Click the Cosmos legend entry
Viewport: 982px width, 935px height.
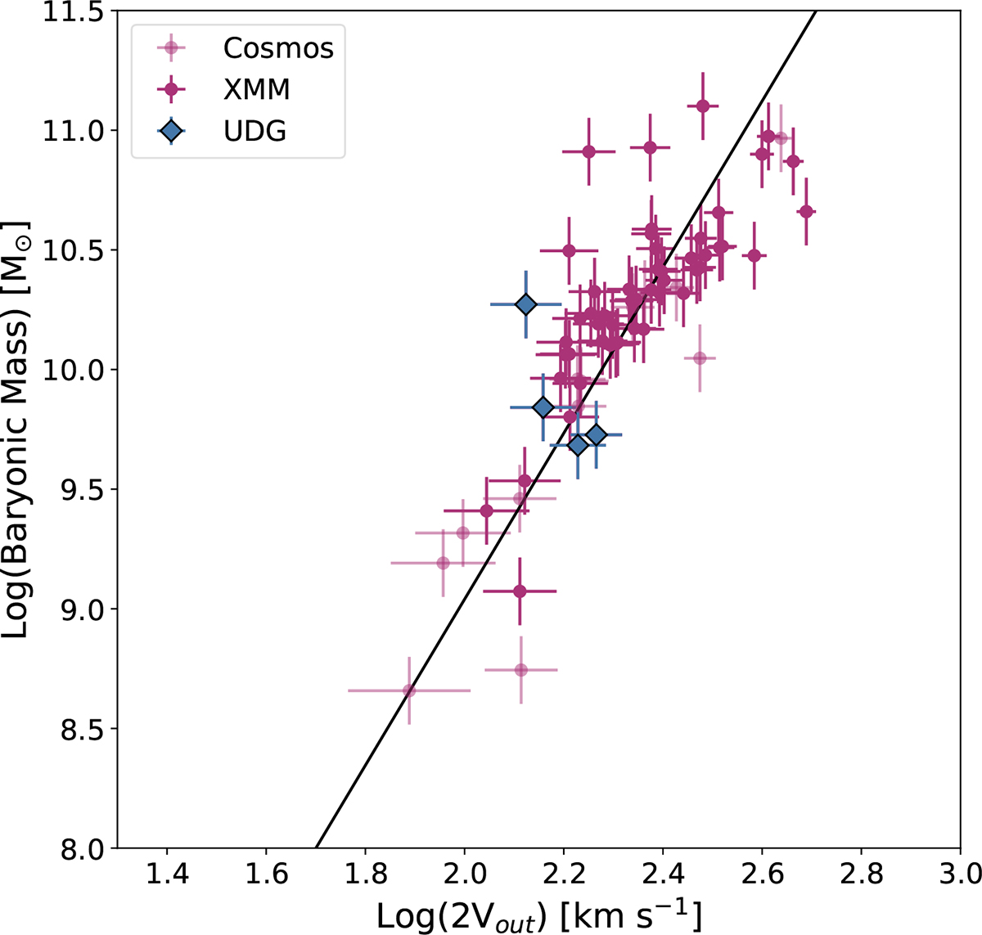pos(278,48)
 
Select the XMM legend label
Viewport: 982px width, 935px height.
pos(256,89)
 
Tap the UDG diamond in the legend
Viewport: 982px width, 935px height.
pos(171,130)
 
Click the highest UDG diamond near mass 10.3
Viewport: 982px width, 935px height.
pos(525,304)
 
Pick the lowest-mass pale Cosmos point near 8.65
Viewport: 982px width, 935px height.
pos(409,690)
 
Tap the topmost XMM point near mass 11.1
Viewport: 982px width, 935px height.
pos(702,106)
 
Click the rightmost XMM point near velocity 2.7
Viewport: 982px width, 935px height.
pos(806,212)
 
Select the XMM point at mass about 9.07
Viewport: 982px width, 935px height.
pos(520,591)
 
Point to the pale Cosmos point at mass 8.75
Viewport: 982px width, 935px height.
pos(520,670)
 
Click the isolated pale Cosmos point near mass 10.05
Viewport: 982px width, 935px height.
pos(700,357)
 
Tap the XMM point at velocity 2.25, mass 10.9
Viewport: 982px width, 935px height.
pos(588,151)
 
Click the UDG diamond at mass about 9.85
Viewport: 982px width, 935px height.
pos(543,407)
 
